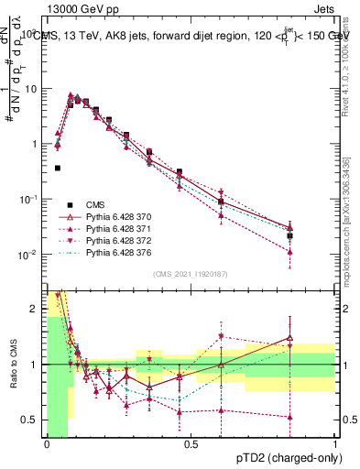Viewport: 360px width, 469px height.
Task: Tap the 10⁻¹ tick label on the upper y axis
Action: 30,200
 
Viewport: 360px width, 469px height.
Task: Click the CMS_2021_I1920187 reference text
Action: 191,273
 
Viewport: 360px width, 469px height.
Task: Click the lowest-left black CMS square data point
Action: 58,169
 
